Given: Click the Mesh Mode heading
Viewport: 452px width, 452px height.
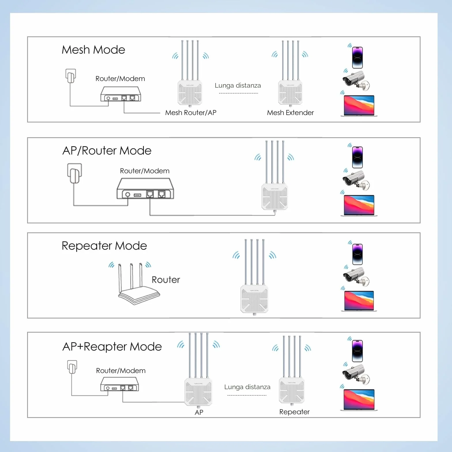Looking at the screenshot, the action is (93, 50).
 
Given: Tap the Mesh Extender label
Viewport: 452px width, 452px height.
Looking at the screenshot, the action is (290, 113).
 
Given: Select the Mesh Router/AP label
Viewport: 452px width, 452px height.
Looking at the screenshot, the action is (191, 113).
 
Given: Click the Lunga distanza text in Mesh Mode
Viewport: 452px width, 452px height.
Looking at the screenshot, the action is (238, 86).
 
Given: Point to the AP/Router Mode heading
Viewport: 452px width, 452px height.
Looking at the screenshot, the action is (107, 151).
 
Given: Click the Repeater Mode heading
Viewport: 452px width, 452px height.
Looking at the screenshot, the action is (104, 246).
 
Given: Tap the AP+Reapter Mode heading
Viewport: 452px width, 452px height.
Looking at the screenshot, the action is (112, 347).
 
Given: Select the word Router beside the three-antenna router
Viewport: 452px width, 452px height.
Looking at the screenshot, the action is (166, 280).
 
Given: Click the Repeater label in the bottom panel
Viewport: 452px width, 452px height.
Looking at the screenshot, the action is (294, 412).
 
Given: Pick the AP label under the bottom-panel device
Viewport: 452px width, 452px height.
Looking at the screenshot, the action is (199, 413).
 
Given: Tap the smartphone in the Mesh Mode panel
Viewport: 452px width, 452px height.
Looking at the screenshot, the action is (357, 58).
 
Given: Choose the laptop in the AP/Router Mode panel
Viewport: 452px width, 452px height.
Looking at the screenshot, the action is (359, 206).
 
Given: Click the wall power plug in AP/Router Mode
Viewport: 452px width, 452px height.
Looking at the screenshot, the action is (75, 173).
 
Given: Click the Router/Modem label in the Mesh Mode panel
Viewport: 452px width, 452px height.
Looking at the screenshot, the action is (120, 79).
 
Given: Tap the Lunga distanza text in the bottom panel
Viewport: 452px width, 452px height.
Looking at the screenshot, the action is (247, 387).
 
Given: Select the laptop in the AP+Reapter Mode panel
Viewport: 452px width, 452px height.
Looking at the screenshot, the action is (359, 400).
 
